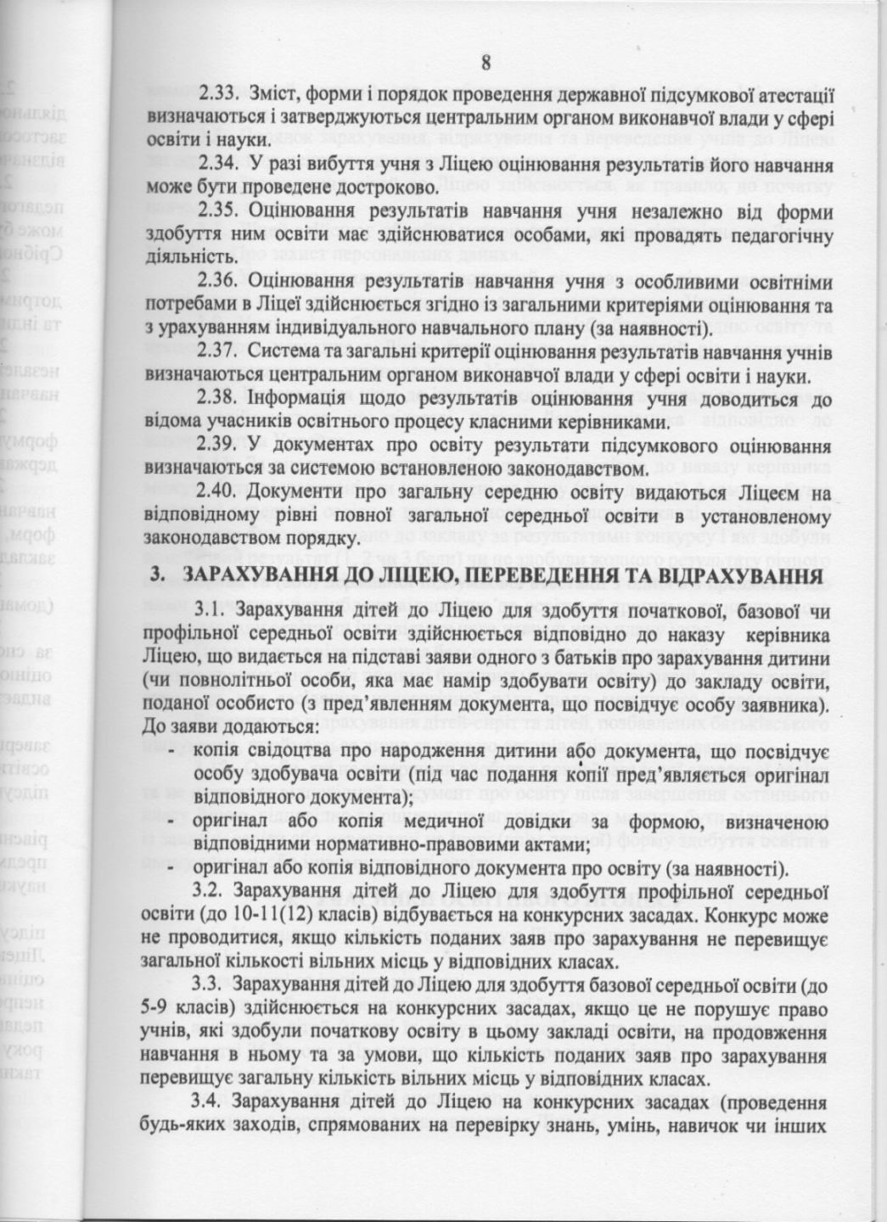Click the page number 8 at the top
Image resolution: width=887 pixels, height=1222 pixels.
click(x=486, y=63)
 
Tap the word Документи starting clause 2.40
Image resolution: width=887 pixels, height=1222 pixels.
click(x=286, y=490)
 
